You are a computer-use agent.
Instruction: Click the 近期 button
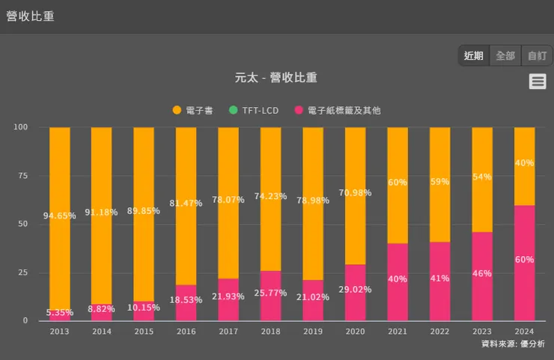pos(473,56)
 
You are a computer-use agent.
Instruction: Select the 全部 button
pos(505,56)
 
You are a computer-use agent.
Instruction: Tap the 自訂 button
pos(537,56)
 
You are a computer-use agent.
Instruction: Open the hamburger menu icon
pos(538,82)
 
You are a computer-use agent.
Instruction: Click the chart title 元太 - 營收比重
pos(276,78)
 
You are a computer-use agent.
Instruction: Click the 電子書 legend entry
pos(193,111)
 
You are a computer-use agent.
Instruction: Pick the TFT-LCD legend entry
pos(254,111)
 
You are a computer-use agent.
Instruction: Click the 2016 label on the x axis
pos(186,330)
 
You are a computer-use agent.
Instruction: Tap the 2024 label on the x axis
pos(524,330)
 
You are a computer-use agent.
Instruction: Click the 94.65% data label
pos(60,216)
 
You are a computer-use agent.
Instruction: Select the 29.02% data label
pos(355,288)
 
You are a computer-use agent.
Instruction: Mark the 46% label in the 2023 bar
pos(482,274)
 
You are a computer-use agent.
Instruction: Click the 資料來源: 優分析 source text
pos(513,344)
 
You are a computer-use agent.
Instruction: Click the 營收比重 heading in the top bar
pos(30,16)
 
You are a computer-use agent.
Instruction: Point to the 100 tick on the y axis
pos(20,127)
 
